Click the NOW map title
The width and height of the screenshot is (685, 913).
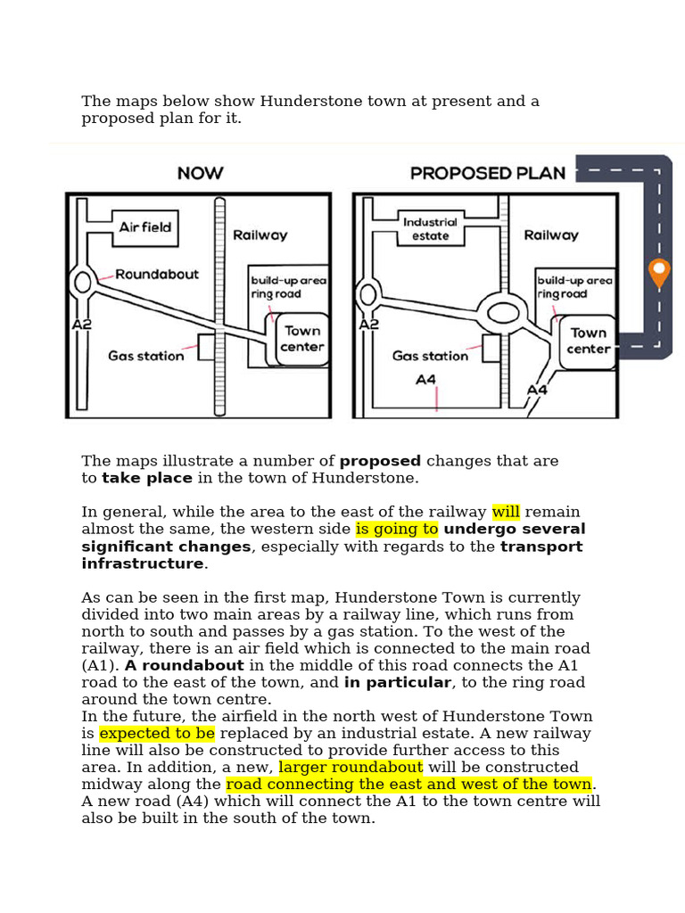200,173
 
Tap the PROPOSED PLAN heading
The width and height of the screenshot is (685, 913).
488,173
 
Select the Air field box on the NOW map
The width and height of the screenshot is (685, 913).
145,227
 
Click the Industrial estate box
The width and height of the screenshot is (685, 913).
431,228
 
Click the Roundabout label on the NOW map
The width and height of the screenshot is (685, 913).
157,275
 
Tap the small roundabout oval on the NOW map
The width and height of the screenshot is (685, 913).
83,283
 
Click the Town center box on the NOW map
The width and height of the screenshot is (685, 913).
301,339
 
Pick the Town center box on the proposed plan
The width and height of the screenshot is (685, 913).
588,341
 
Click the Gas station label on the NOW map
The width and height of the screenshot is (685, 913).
145,356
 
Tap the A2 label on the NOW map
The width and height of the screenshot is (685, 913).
81,325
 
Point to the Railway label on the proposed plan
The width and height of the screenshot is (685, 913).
551,235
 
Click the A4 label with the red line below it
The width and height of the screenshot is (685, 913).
425,380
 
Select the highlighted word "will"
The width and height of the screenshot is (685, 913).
506,512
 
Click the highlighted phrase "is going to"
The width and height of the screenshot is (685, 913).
397,529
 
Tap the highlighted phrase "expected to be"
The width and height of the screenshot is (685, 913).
157,733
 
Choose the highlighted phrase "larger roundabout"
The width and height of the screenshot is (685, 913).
351,767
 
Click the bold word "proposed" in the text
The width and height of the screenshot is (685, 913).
380,461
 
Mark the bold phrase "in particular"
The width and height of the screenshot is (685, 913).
398,682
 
